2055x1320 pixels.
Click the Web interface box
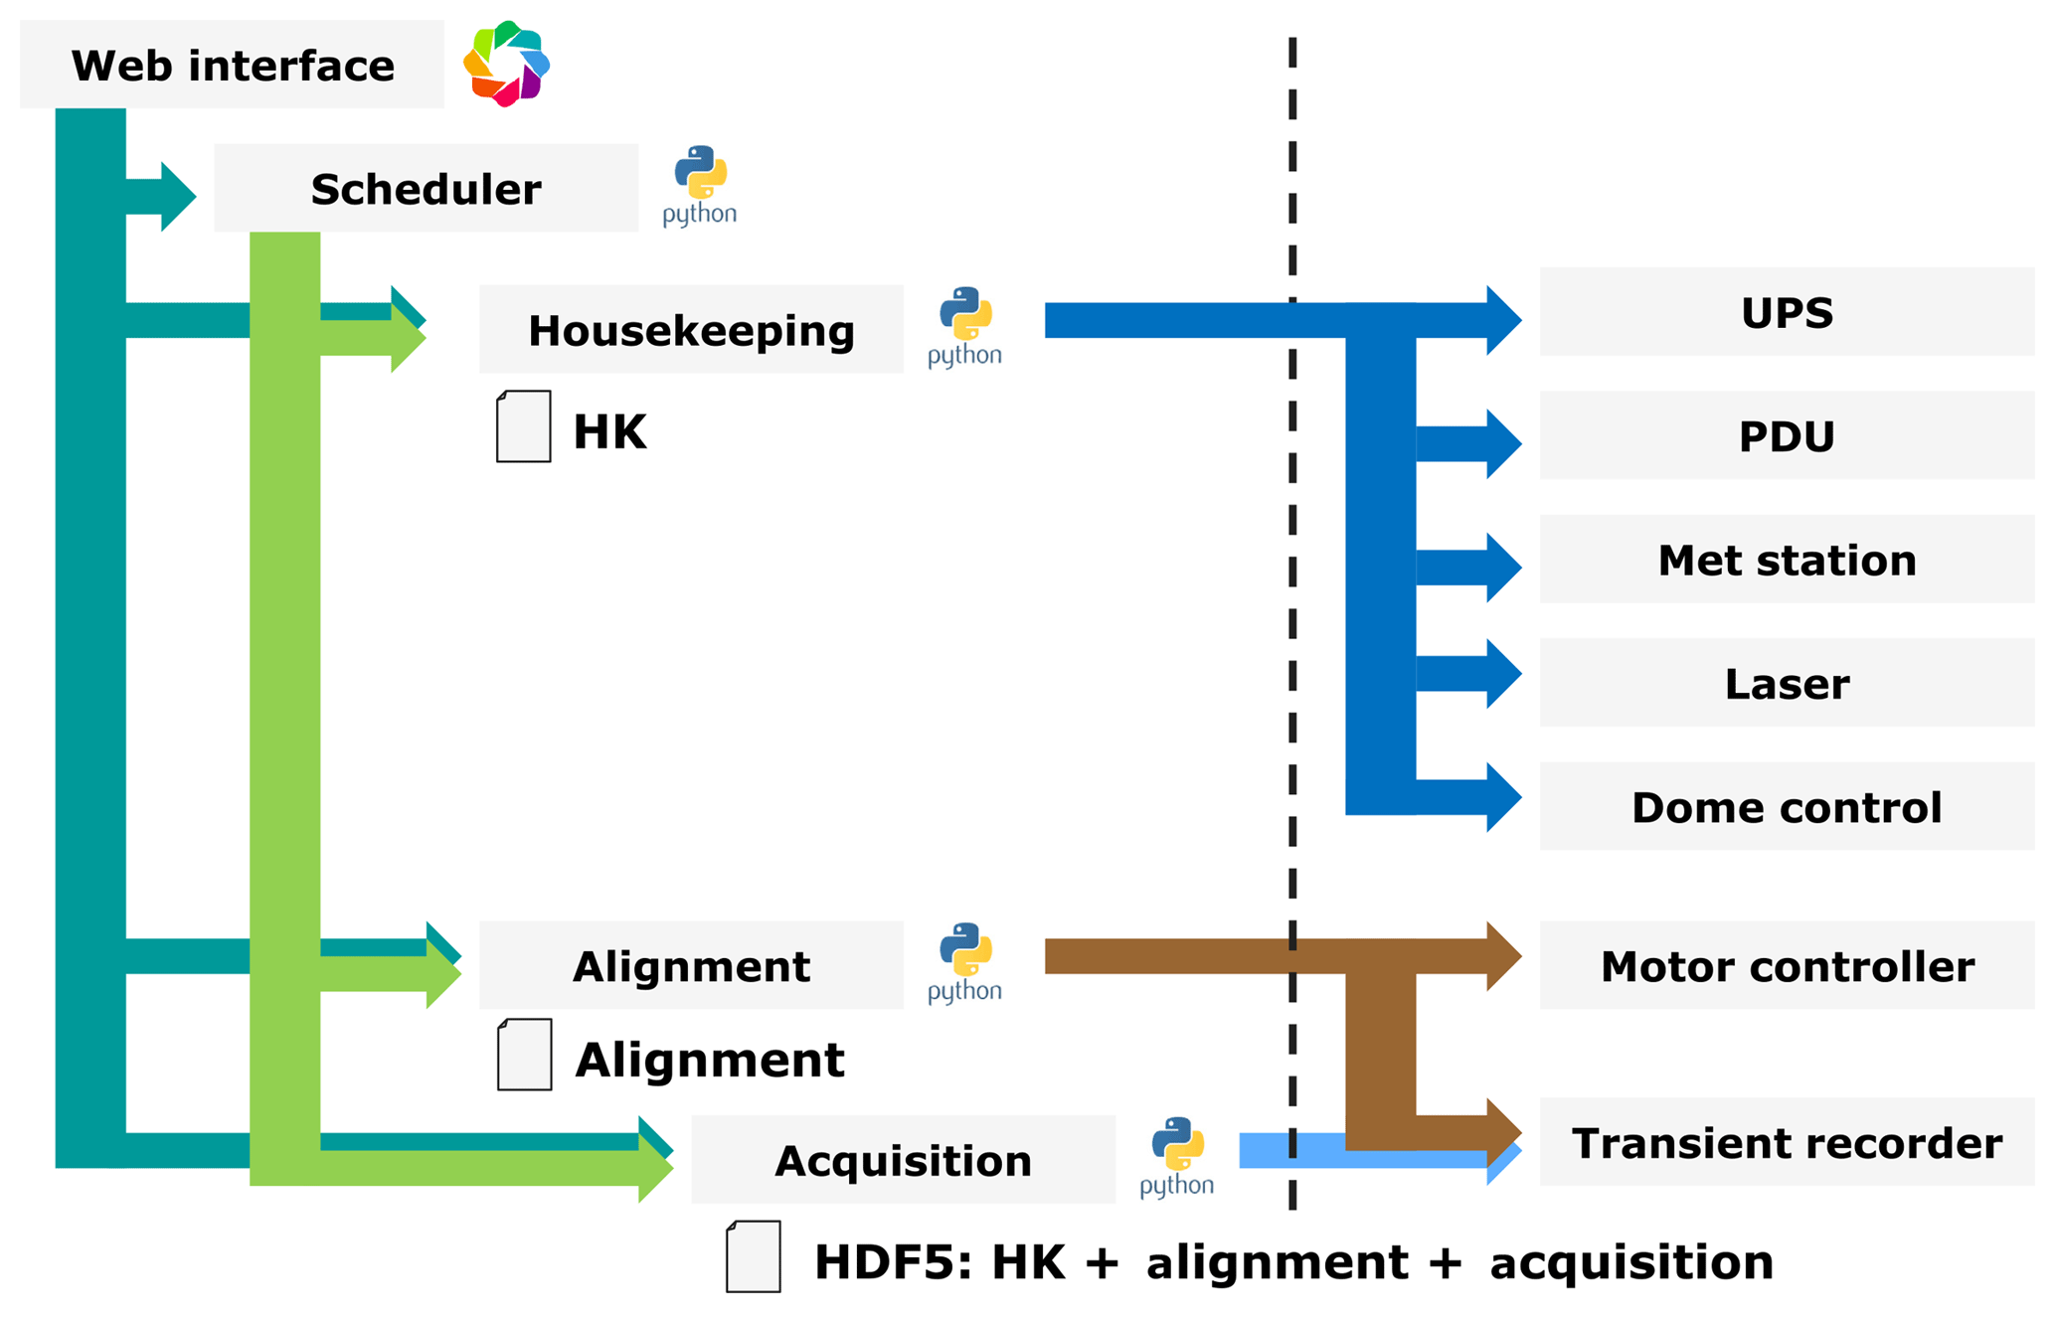pos(232,65)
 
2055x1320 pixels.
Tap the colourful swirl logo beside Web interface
pos(506,64)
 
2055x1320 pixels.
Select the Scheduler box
pos(426,188)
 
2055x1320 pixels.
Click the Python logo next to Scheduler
pos(700,185)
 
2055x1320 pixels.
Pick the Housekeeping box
pos(691,330)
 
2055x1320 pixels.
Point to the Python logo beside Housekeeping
pos(964,326)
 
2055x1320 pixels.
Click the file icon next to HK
pos(524,426)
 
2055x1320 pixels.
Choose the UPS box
pos(1786,312)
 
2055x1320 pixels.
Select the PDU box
pos(1786,435)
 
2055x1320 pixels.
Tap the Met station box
pos(1786,560)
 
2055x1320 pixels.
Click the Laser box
pos(1786,683)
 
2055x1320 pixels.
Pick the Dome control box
pos(1786,806)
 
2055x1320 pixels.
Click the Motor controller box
pos(1786,965)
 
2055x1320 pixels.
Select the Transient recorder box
pos(1786,1142)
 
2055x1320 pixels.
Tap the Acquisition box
pos(903,1160)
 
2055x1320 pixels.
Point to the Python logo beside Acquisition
pos(1176,1156)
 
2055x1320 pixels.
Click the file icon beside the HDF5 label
pos(753,1256)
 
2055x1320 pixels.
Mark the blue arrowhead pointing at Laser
pos(1502,674)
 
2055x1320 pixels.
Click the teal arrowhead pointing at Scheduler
pos(177,197)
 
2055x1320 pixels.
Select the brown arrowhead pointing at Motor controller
pos(1502,956)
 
